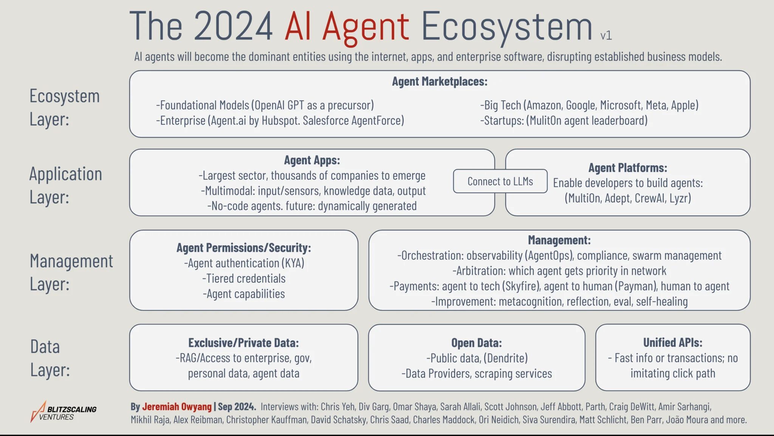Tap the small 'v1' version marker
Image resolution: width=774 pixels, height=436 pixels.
pyautogui.click(x=606, y=35)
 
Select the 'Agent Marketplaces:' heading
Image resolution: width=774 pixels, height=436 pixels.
pyautogui.click(x=440, y=82)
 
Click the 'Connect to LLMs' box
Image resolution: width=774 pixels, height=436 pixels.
pyautogui.click(x=500, y=182)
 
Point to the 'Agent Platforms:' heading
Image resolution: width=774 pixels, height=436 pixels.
pyautogui.click(x=628, y=168)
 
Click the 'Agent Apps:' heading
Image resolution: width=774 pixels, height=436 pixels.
pyautogui.click(x=312, y=160)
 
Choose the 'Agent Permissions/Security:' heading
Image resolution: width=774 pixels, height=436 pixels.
pyautogui.click(x=244, y=248)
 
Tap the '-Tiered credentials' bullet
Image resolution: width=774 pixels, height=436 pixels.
pyautogui.click(x=244, y=279)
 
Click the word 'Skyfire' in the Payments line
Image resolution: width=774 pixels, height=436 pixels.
pyautogui.click(x=520, y=286)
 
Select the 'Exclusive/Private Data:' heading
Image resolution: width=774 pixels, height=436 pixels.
pyautogui.click(x=244, y=343)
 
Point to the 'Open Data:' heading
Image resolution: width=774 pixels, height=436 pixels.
pyautogui.click(x=477, y=343)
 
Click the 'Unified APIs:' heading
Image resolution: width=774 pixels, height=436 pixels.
pyautogui.click(x=673, y=343)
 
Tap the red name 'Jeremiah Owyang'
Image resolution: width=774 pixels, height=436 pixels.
pyautogui.click(x=177, y=407)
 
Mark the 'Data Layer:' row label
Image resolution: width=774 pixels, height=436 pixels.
pyautogui.click(x=50, y=358)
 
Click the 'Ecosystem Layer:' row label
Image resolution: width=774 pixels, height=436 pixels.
pyautogui.click(x=64, y=108)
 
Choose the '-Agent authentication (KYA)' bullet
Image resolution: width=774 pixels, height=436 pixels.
pyautogui.click(x=244, y=263)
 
